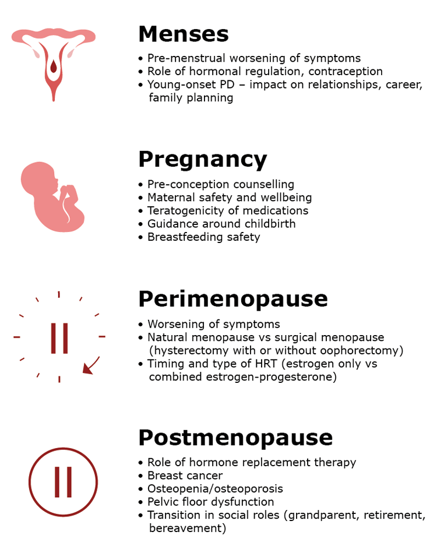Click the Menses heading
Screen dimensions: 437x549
pos(183,34)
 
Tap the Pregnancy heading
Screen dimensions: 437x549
pos(202,159)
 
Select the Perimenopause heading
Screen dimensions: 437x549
pos(232,299)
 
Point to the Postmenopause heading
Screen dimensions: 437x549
pos(235,438)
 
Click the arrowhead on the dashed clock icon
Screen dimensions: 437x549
pos(88,368)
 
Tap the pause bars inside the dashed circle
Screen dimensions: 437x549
pos(59,338)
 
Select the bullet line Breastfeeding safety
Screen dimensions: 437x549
pos(203,237)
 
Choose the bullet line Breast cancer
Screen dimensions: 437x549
pos(185,476)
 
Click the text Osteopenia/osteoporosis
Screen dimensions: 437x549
pos(215,488)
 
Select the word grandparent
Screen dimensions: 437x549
pos(337,515)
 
